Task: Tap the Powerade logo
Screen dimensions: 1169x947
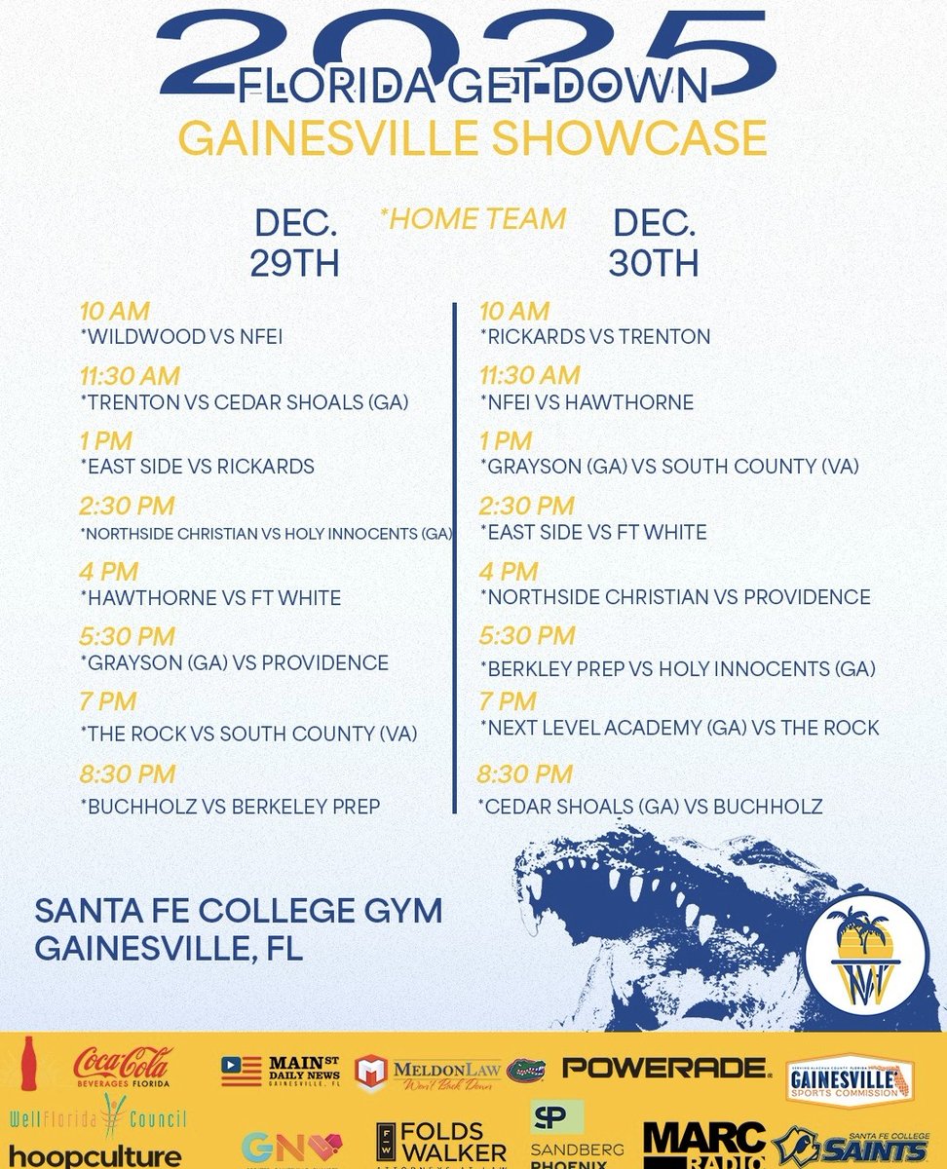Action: (667, 1069)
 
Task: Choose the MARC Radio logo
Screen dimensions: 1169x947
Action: (704, 1147)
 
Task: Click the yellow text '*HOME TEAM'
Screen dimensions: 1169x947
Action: (473, 219)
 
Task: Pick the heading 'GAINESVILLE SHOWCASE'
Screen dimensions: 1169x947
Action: (473, 137)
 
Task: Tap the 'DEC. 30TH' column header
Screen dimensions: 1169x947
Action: (654, 243)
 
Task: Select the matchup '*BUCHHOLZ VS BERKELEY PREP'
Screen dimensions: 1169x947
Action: (230, 806)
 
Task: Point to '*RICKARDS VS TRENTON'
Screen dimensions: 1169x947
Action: (594, 337)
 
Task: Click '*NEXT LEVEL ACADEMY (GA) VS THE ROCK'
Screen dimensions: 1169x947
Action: (679, 728)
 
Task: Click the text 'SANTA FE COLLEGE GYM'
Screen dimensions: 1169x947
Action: (239, 911)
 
